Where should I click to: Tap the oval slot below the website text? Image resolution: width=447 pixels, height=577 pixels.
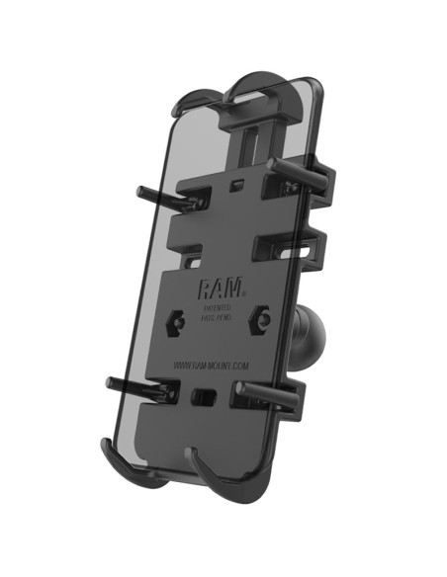point(205,395)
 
